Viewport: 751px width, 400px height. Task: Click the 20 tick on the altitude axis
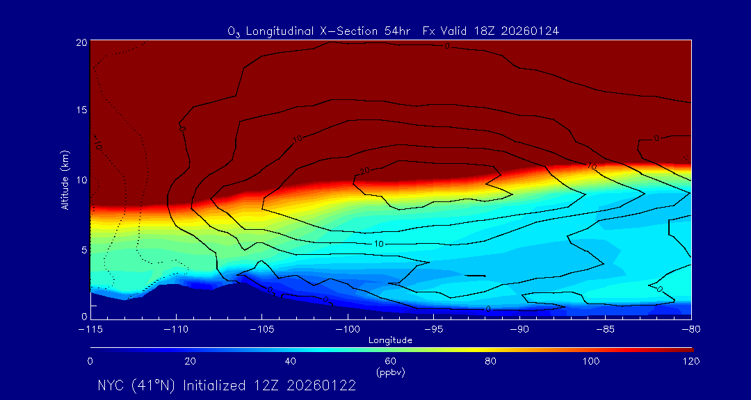click(x=81, y=42)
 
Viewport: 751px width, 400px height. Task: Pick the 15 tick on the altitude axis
click(x=81, y=110)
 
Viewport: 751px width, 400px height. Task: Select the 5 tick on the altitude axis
click(x=83, y=249)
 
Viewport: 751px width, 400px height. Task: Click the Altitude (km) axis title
click(x=65, y=179)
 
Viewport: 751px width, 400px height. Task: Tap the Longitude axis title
click(x=390, y=340)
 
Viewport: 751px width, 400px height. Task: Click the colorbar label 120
click(x=692, y=361)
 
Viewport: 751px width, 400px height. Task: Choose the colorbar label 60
click(x=390, y=361)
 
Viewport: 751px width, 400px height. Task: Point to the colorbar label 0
click(x=90, y=361)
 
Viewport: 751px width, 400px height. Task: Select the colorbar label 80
click(x=490, y=361)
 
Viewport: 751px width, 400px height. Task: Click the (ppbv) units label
click(x=390, y=372)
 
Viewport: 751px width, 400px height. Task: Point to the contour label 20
click(x=364, y=172)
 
